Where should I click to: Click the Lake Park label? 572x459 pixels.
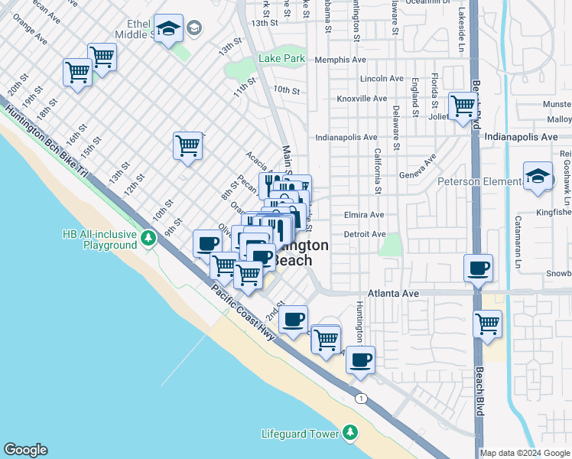click(281, 58)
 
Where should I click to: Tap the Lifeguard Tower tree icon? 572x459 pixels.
click(350, 434)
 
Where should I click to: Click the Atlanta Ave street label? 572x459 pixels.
click(394, 293)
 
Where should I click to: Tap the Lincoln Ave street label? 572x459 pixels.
click(381, 79)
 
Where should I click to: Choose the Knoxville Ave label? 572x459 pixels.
click(362, 99)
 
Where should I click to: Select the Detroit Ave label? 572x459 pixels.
click(364, 234)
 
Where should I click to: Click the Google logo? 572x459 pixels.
click(25, 450)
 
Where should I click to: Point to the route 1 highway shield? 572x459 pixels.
click(361, 398)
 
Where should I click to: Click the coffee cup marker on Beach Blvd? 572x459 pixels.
click(479, 268)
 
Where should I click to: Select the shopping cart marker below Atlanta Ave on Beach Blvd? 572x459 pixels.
click(487, 323)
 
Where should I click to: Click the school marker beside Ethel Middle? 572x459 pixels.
click(168, 28)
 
